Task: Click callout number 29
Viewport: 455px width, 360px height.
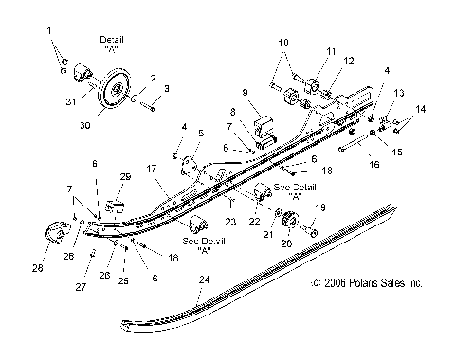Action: point(123,177)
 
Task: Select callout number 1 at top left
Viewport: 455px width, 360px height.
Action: point(50,32)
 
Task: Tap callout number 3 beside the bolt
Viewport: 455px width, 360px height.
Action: point(167,88)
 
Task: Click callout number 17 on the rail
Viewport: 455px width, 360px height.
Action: point(151,170)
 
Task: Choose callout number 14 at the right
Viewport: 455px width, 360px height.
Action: point(422,110)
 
